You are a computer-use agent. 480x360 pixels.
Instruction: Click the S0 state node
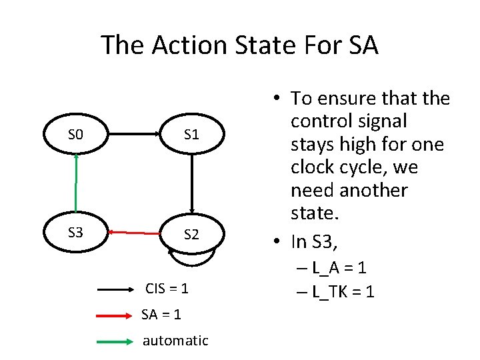76,135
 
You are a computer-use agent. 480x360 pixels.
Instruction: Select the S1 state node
191,135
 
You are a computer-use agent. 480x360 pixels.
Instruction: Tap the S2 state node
191,234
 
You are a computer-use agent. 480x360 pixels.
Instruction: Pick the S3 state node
76,233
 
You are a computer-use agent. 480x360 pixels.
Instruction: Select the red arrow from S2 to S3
138,233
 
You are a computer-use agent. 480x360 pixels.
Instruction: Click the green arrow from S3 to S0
77,183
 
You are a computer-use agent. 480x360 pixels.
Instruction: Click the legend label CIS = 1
167,289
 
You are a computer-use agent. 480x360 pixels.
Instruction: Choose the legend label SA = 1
161,314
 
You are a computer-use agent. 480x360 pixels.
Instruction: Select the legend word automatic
175,340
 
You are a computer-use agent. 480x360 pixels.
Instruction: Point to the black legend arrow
117,290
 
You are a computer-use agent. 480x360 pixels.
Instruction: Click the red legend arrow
117,315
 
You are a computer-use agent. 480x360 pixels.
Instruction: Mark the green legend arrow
117,341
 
